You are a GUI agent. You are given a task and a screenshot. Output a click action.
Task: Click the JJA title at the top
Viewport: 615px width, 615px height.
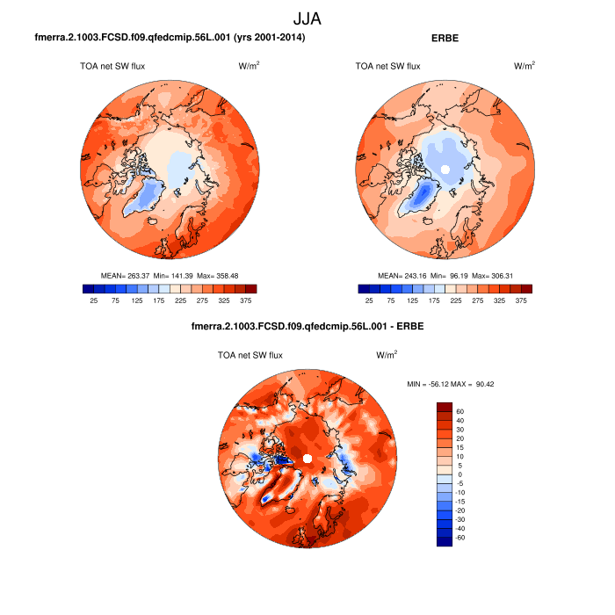pyautogui.click(x=307, y=18)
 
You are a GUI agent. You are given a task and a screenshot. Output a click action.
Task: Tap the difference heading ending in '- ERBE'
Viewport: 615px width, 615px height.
pyautogui.click(x=307, y=328)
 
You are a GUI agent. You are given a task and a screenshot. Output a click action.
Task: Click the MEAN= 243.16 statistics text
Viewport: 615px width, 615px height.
pyautogui.click(x=445, y=275)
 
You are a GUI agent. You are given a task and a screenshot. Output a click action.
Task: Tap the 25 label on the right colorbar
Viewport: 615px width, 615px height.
pyautogui.click(x=370, y=300)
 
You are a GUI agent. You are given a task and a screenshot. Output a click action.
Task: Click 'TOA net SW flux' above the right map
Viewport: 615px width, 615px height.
pyautogui.click(x=387, y=66)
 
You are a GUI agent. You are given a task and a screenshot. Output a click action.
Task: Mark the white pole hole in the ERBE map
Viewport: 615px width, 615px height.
pyautogui.click(x=445, y=168)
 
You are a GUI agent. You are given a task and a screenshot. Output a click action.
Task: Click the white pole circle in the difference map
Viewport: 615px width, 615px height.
pyautogui.click(x=307, y=459)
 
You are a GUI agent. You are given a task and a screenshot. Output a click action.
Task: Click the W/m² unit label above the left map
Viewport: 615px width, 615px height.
pyautogui.click(x=249, y=66)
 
